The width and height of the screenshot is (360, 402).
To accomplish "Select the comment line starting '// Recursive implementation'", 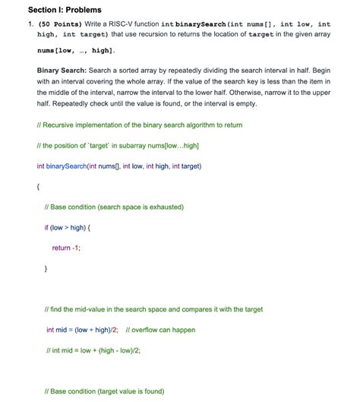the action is pos(128,125).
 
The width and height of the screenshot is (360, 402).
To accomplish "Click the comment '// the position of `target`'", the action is pos(107,145).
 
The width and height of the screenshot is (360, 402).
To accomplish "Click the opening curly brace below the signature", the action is pos(39,186).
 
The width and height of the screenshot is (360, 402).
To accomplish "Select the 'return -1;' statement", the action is pos(66,248).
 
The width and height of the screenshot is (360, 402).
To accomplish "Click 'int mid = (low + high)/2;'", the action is pos(83,330).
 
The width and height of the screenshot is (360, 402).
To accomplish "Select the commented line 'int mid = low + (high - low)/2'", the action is pos(93,350).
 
